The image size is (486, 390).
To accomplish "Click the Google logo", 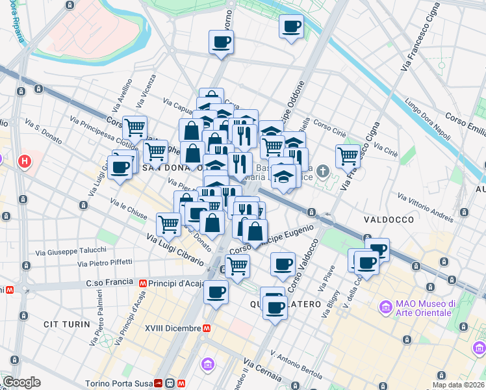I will [x=21, y=382].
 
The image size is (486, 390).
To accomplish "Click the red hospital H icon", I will [x=25, y=161].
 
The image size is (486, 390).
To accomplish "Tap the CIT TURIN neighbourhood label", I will [x=64, y=324].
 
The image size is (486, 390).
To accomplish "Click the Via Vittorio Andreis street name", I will [x=426, y=207].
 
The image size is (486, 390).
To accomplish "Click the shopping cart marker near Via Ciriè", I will [x=348, y=156].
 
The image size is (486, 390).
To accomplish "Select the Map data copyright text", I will [x=459, y=385].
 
